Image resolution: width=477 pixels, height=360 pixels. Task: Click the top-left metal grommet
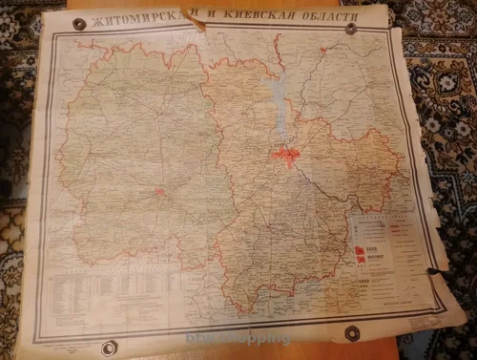pyautogui.click(x=78, y=24)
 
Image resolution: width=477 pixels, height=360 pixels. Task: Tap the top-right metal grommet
pyautogui.click(x=351, y=28)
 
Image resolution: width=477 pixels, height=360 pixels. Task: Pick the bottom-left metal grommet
pyautogui.click(x=109, y=348)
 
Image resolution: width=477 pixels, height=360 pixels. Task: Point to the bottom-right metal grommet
pyautogui.click(x=352, y=333)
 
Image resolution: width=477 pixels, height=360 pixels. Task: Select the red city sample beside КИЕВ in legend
pyautogui.click(x=360, y=252)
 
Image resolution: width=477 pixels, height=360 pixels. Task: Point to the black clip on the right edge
pyautogui.click(x=434, y=272)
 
